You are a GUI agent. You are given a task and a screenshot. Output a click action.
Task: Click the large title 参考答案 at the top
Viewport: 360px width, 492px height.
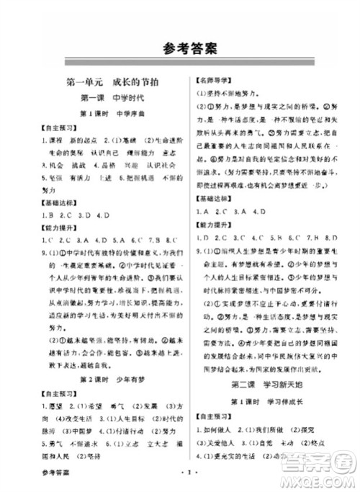click(x=180, y=49)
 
